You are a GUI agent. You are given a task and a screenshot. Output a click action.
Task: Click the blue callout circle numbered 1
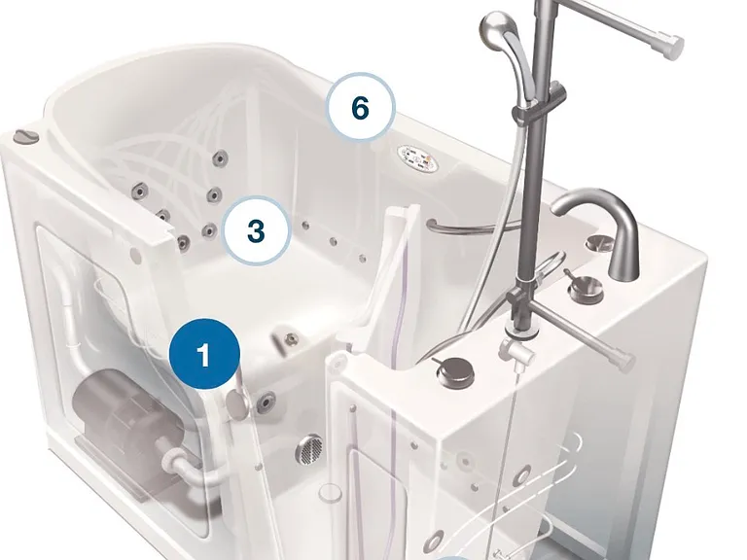204,354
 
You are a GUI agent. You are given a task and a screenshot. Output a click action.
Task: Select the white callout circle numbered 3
257,230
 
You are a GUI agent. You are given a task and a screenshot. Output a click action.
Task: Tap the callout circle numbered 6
361,107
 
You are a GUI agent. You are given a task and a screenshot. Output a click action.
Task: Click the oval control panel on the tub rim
415,158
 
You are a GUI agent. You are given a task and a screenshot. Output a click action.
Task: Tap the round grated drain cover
309,448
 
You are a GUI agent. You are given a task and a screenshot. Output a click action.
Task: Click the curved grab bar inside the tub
472,228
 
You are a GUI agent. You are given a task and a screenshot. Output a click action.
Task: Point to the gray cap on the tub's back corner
25,136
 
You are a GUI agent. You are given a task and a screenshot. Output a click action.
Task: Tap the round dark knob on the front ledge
455,370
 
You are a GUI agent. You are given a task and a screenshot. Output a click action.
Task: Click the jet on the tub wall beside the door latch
266,402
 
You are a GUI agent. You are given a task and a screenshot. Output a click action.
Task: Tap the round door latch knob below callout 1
236,402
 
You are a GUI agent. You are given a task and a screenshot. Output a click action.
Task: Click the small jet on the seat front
291,339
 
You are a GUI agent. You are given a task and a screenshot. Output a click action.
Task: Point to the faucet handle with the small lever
584,287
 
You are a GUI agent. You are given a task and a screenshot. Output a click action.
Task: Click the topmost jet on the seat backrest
221,157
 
